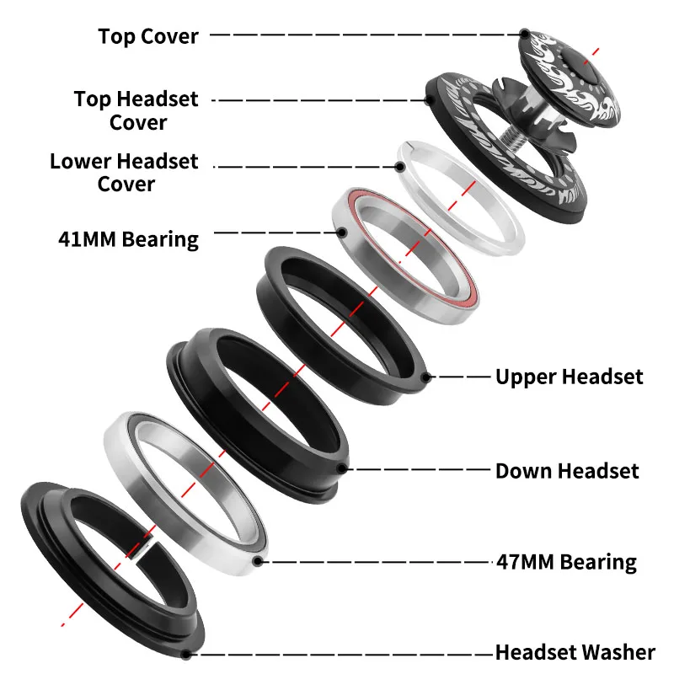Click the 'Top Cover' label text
click(x=148, y=36)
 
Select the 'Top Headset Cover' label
click(x=136, y=110)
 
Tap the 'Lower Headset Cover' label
click(x=124, y=172)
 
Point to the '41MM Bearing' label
click(x=128, y=238)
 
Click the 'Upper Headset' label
click(x=569, y=377)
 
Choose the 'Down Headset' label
click(x=567, y=470)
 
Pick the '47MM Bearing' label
click(x=565, y=561)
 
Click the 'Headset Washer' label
click(x=575, y=652)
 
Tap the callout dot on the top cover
click(x=525, y=35)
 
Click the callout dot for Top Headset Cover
click(x=430, y=99)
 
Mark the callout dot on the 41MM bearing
click(x=342, y=232)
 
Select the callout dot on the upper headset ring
click(x=427, y=377)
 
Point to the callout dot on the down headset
click(x=340, y=468)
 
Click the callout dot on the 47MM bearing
click(x=258, y=560)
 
